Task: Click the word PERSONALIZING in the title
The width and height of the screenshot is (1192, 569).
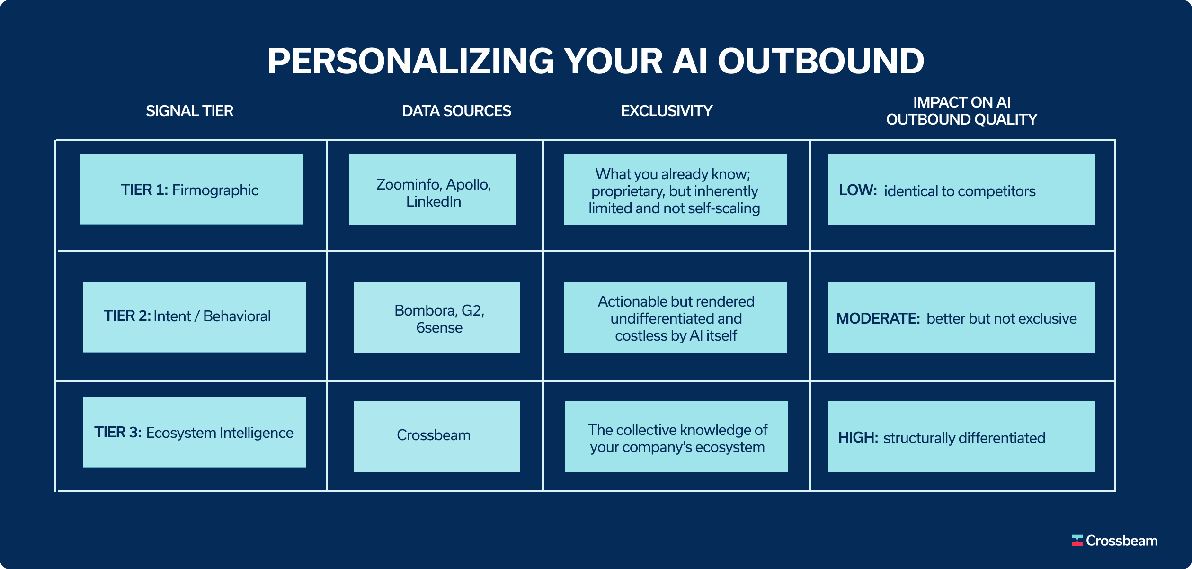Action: pyautogui.click(x=410, y=62)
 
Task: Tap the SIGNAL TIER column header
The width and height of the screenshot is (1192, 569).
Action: pyautogui.click(x=189, y=111)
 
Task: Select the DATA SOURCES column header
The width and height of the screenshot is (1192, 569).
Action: pyautogui.click(x=456, y=111)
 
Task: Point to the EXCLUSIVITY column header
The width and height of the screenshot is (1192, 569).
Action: pyautogui.click(x=667, y=111)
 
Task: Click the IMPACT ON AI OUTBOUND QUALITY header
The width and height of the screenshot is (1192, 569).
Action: pyautogui.click(x=961, y=111)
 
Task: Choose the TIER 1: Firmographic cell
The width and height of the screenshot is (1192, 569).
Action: pyautogui.click(x=191, y=190)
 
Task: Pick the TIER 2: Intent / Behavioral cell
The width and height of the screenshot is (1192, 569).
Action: pyautogui.click(x=194, y=317)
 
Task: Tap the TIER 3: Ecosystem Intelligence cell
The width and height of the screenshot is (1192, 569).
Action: pyautogui.click(x=194, y=432)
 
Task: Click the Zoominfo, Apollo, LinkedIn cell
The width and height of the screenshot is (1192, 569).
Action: pyautogui.click(x=432, y=190)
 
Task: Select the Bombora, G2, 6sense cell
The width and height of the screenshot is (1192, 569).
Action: pyautogui.click(x=436, y=318)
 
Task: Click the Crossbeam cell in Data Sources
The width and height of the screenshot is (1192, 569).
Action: pyautogui.click(x=436, y=436)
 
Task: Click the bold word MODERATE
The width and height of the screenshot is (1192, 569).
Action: pyautogui.click(x=877, y=318)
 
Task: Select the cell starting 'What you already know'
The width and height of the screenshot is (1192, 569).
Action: pyautogui.click(x=676, y=190)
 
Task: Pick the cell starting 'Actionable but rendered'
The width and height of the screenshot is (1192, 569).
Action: pyautogui.click(x=676, y=318)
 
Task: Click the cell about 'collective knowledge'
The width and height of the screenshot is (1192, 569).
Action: pyautogui.click(x=676, y=437)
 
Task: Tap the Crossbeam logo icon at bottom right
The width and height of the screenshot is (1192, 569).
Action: pyautogui.click(x=1077, y=541)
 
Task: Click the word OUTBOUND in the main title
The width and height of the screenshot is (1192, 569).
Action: pyautogui.click(x=820, y=62)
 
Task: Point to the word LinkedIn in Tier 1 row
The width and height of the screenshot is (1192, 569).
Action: pyautogui.click(x=434, y=202)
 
